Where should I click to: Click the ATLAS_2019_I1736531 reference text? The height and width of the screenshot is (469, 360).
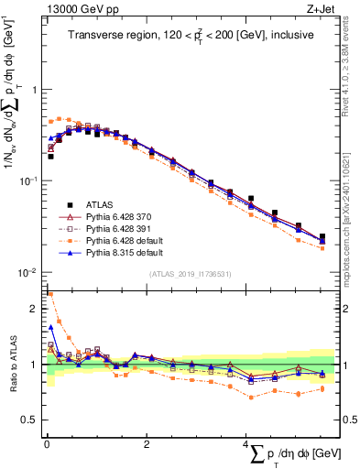pos(190,274)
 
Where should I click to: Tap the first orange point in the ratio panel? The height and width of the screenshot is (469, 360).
pos(50,294)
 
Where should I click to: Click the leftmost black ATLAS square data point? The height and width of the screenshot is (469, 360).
pos(50,157)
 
